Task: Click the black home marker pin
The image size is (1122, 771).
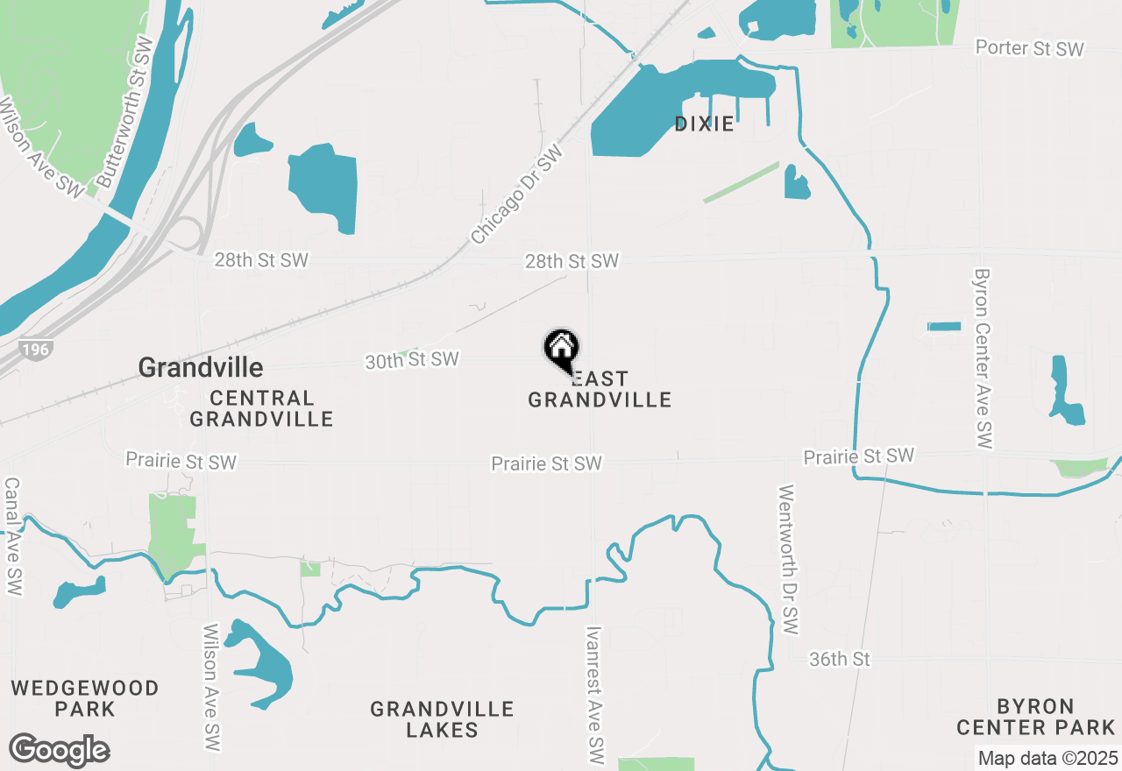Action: (x=561, y=350)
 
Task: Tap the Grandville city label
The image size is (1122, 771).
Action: (x=201, y=366)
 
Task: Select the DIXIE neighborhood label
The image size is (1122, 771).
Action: (x=704, y=124)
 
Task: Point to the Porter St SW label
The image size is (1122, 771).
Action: (x=1030, y=49)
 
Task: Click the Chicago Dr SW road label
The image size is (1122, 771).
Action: (x=516, y=195)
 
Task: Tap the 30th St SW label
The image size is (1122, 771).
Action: (x=412, y=360)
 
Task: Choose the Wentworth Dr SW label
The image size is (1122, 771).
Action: (x=788, y=560)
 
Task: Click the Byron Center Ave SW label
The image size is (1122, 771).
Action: (x=982, y=359)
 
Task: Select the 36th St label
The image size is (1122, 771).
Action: (x=840, y=659)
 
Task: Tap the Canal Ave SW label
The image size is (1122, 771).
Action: (x=13, y=536)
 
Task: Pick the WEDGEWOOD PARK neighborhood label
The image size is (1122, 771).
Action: (x=85, y=698)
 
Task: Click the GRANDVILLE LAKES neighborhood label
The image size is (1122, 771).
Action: (x=442, y=719)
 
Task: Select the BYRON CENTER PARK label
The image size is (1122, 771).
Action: (x=1035, y=717)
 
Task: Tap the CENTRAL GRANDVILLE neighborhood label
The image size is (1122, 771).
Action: (x=261, y=409)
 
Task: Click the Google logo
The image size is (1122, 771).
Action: (x=59, y=750)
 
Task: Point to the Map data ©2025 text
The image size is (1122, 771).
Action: (x=1047, y=758)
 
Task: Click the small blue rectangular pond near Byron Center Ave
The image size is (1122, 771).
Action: (x=944, y=327)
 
